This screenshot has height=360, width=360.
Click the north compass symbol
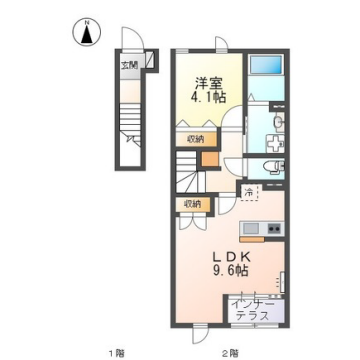pyautogui.click(x=89, y=32)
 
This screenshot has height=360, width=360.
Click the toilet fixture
pyautogui.click(x=272, y=166)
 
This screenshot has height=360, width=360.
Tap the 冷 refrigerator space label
pyautogui.click(x=249, y=192)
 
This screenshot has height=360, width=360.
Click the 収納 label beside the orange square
pyautogui.click(x=194, y=138)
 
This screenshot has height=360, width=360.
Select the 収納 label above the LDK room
pyautogui.click(x=192, y=204)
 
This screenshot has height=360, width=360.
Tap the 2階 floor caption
pyautogui.click(x=229, y=350)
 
